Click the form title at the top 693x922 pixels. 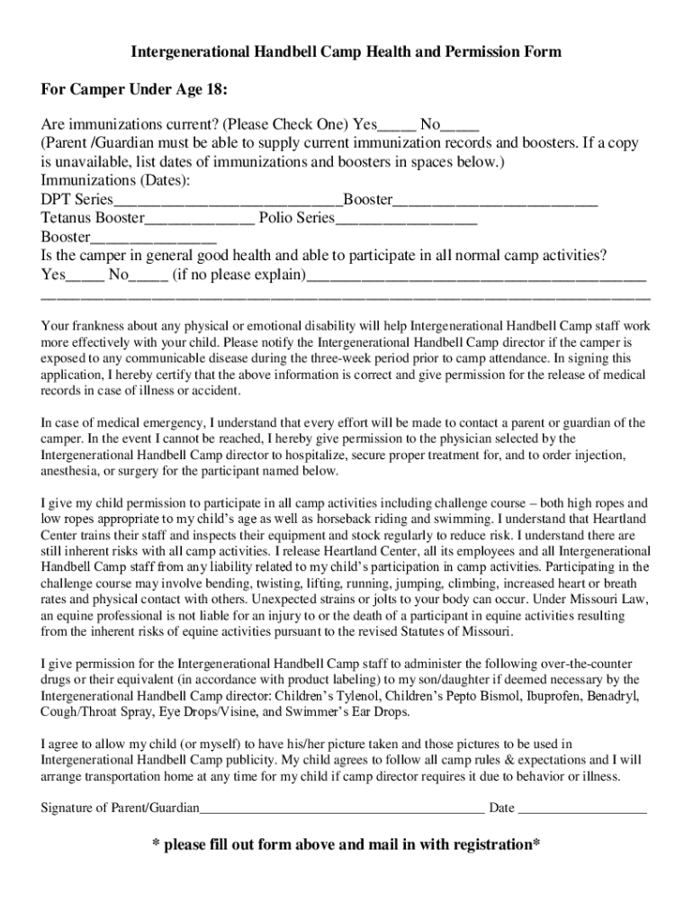[346, 52]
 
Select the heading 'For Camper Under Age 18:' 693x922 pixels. [134, 91]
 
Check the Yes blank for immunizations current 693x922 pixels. [396, 125]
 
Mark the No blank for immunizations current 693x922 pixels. [460, 125]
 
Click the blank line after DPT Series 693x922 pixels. [228, 200]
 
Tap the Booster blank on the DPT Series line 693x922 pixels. [496, 200]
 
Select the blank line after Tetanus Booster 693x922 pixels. [199, 219]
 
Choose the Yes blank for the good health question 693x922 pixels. [85, 275]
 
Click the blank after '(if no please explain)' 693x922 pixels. [476, 275]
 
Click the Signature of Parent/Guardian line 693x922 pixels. [342, 808]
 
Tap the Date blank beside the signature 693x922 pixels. [582, 808]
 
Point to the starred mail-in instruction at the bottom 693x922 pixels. [346, 845]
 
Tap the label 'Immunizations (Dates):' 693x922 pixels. [115, 181]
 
